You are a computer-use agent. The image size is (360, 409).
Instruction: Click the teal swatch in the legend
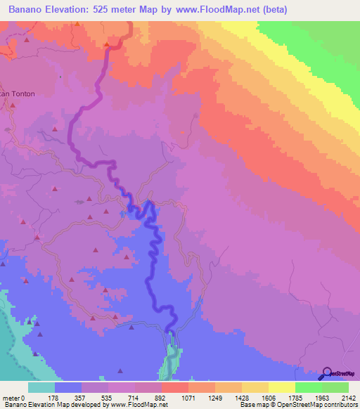coord(41,387)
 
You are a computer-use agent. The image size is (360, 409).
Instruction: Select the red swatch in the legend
coord(175,387)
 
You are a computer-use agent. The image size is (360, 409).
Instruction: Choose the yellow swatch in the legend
coord(282,387)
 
